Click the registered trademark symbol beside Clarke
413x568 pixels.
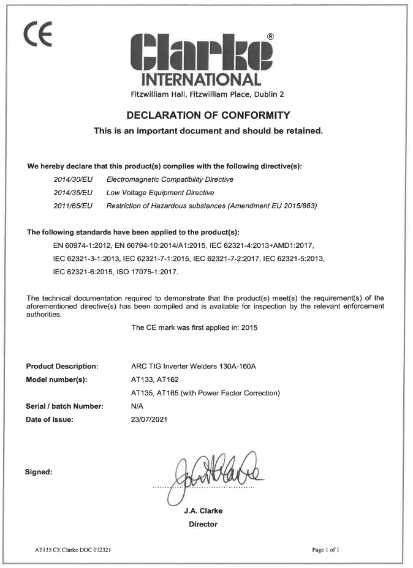pyautogui.click(x=270, y=37)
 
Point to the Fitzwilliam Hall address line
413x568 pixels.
pyautogui.click(x=208, y=94)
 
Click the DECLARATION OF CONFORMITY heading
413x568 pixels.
pyautogui.click(x=208, y=115)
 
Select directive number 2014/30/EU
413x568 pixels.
pyautogui.click(x=72, y=179)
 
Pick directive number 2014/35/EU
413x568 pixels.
pyautogui.click(x=72, y=192)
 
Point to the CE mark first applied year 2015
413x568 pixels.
pyautogui.click(x=248, y=327)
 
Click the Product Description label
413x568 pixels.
pyautogui.click(x=63, y=367)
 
